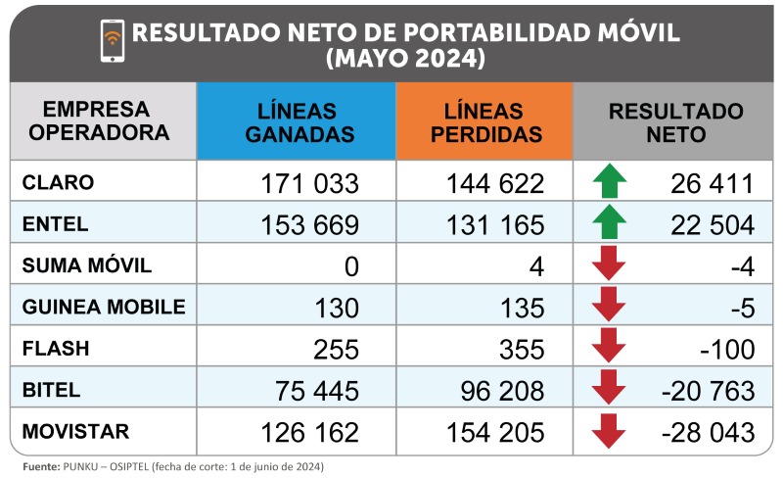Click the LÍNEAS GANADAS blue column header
click(x=298, y=122)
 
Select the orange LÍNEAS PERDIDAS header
click(x=484, y=122)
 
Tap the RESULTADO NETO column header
click(x=674, y=122)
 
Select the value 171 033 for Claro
click(x=310, y=183)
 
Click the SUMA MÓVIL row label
click(x=87, y=265)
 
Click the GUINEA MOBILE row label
click(x=103, y=307)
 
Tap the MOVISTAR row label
click(x=75, y=431)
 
